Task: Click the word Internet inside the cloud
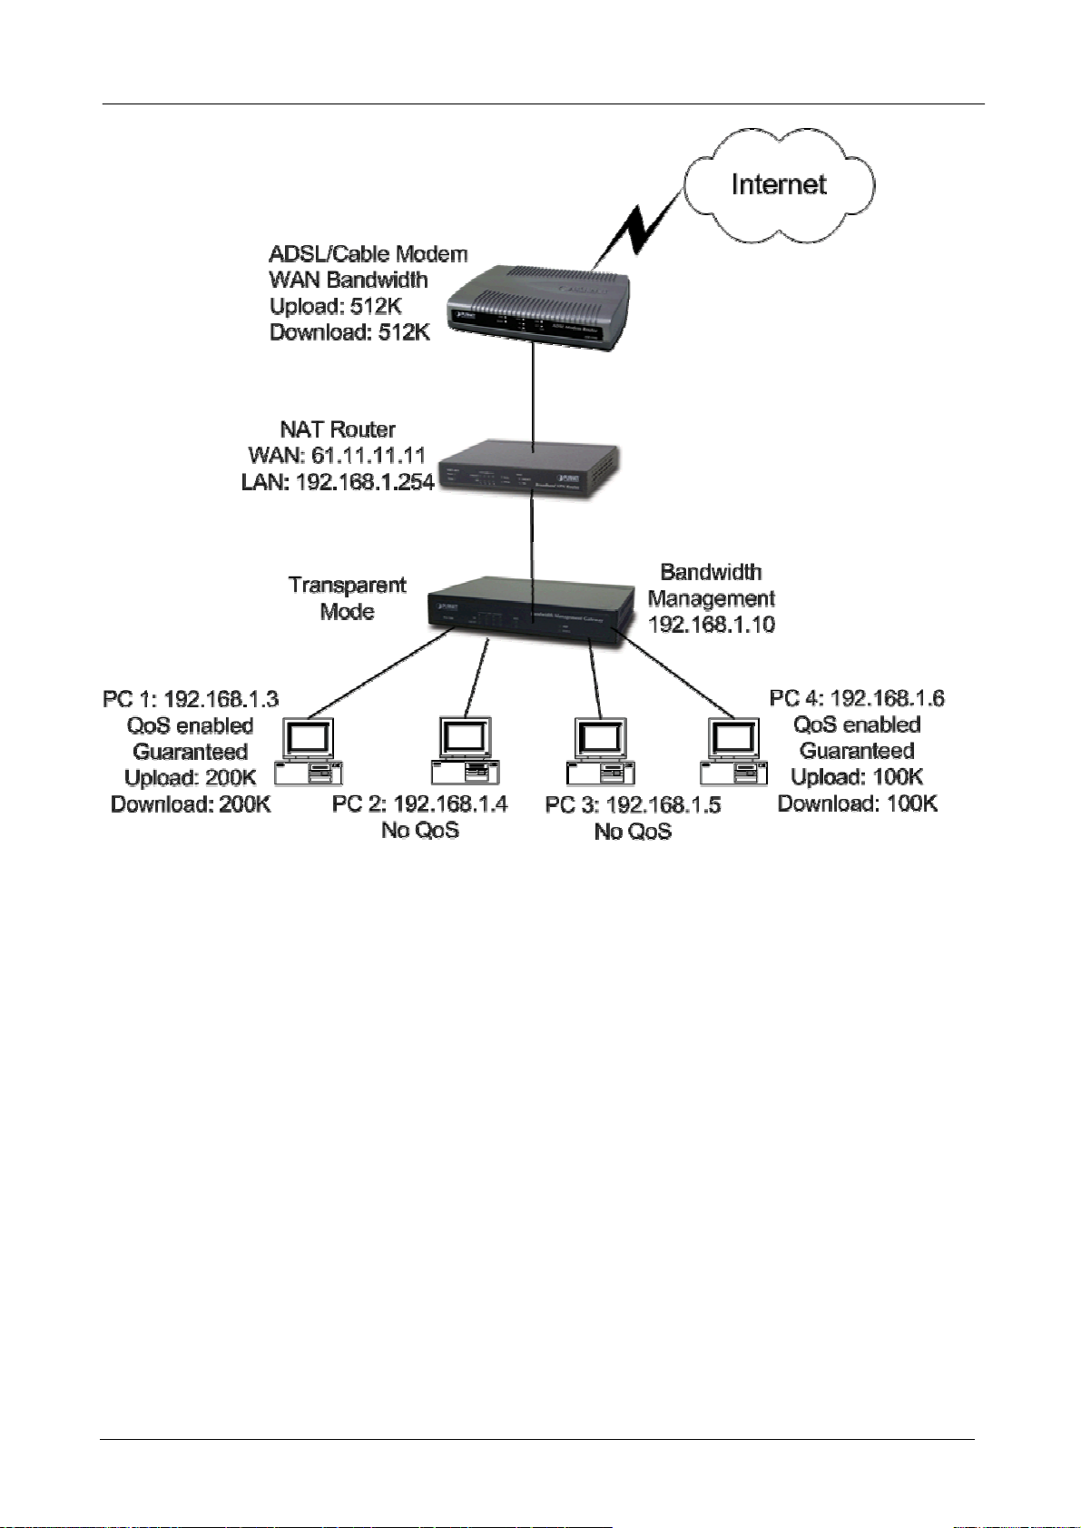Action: pos(778,184)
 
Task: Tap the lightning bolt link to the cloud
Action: pos(639,230)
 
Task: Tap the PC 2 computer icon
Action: pos(465,750)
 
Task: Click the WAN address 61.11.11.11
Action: pos(368,455)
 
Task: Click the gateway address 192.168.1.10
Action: pos(711,625)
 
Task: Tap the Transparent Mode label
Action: pos(347,597)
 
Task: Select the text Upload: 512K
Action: pos(335,306)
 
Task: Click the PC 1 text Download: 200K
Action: pos(191,804)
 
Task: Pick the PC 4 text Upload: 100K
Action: pos(857,777)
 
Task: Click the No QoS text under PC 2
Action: pos(419,830)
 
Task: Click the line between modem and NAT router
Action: pos(533,395)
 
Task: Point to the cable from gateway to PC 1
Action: pos(381,674)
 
